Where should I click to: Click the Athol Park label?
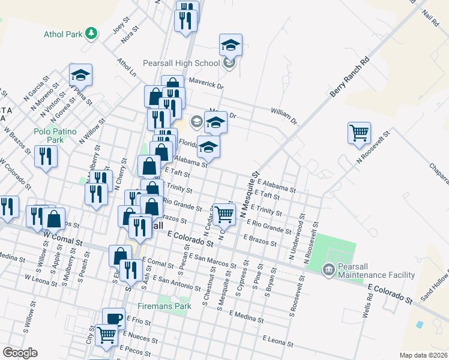point(62,34)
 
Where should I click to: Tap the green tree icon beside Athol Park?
point(91,34)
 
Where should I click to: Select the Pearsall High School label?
point(181,63)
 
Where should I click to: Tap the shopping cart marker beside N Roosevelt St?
point(359,133)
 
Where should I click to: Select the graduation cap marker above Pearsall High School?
point(230,46)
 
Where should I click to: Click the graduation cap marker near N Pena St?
point(80,75)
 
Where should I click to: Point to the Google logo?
point(20,353)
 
